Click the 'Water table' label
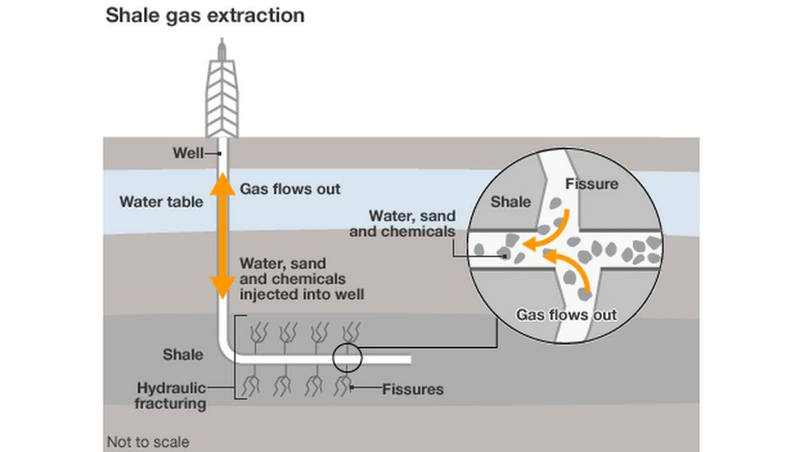pos(161,201)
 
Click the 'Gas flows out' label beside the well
pos(290,189)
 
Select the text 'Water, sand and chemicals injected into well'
pos(301,278)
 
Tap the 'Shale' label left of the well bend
pos(182,354)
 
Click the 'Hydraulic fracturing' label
pos(171,395)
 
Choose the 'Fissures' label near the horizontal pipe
pos(413,389)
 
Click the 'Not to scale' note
pos(147,442)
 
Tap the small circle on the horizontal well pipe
pos(347,358)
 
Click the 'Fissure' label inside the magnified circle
pos(591,184)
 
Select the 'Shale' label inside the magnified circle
pos(511,202)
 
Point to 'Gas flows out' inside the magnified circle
pos(566,315)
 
